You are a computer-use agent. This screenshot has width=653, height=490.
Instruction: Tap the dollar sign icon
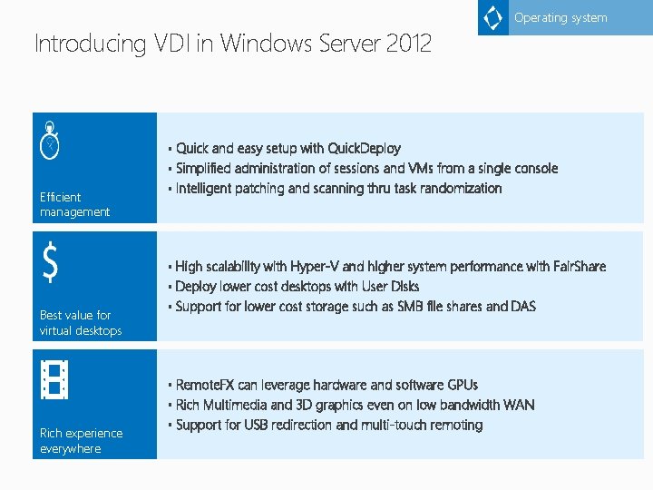pyautogui.click(x=52, y=263)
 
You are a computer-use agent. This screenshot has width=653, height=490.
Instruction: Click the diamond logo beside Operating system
pyautogui.click(x=493, y=18)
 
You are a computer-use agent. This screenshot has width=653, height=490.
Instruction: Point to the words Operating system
pyautogui.click(x=560, y=18)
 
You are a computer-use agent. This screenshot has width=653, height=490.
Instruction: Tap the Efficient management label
pyautogui.click(x=74, y=204)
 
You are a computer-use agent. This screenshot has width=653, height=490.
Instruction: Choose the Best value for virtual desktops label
pyautogui.click(x=80, y=323)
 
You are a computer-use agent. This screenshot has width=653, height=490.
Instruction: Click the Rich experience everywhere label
pyautogui.click(x=81, y=440)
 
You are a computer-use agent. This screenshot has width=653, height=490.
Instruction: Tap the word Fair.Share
pyautogui.click(x=579, y=267)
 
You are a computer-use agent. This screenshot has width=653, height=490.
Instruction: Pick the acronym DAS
pyautogui.click(x=523, y=307)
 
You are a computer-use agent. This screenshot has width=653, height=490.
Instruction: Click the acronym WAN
pyautogui.click(x=519, y=405)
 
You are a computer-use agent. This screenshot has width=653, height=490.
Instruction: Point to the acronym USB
pyautogui.click(x=258, y=425)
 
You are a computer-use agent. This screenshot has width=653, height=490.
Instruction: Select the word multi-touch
pyautogui.click(x=397, y=425)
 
